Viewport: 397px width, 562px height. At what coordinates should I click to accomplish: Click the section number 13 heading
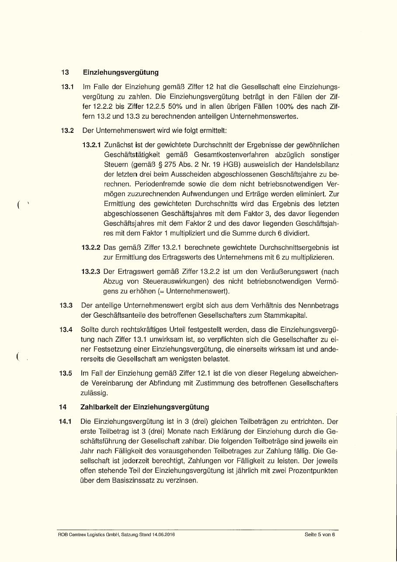coord(65,72)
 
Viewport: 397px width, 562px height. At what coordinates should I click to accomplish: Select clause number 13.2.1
coord(92,145)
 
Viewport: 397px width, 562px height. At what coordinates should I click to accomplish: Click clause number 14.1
coord(66,422)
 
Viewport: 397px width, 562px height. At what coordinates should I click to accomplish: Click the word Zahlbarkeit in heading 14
coord(99,407)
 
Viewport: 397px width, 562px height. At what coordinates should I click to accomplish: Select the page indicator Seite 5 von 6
coord(320,534)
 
